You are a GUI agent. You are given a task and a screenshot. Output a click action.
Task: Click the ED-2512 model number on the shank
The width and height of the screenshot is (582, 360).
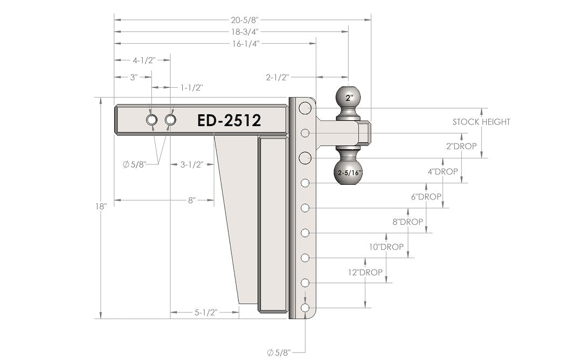(x=229, y=120)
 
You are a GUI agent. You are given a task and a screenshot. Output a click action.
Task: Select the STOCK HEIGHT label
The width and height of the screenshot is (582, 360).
(x=481, y=122)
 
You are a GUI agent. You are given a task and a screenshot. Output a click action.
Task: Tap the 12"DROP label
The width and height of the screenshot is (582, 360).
(x=365, y=273)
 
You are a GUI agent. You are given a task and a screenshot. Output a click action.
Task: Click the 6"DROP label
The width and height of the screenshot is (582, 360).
(x=426, y=197)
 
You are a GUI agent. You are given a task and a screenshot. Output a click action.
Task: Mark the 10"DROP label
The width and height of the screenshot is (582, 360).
(x=386, y=247)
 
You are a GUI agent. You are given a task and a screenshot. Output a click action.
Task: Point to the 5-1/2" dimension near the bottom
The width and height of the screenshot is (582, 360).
(x=205, y=312)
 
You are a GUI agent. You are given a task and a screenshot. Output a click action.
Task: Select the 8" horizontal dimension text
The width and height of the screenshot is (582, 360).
(x=191, y=200)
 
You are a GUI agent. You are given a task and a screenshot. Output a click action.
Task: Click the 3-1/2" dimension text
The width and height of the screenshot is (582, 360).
(x=191, y=164)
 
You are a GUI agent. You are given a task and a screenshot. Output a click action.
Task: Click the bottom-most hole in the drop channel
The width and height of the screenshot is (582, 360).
(x=306, y=308)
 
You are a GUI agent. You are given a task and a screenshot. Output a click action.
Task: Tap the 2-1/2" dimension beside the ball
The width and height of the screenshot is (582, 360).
(x=278, y=78)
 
